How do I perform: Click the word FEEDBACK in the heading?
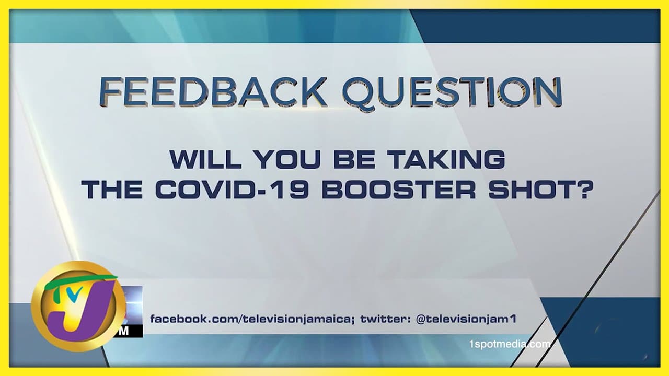point(212,91)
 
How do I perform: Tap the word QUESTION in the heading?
point(453,93)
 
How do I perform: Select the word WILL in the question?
point(205,160)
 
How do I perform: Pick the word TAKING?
point(446,160)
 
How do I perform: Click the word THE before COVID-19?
point(112,190)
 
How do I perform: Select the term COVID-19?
point(232,190)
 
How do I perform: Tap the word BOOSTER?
point(398,190)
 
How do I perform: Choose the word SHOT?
point(530,190)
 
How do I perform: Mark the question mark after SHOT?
point(583,190)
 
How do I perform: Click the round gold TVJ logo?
point(78,306)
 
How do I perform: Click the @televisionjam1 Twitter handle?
point(466,319)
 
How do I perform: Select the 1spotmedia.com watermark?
point(510,344)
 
